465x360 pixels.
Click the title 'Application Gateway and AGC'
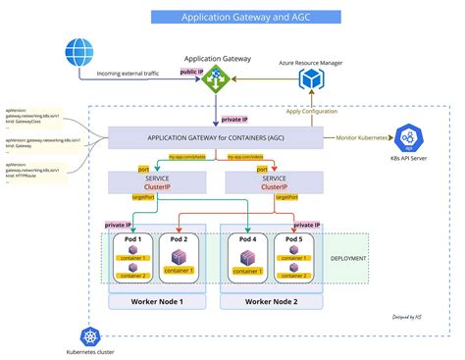232,17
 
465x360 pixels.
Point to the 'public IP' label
190,72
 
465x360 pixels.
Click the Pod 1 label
131,238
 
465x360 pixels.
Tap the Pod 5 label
293,238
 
